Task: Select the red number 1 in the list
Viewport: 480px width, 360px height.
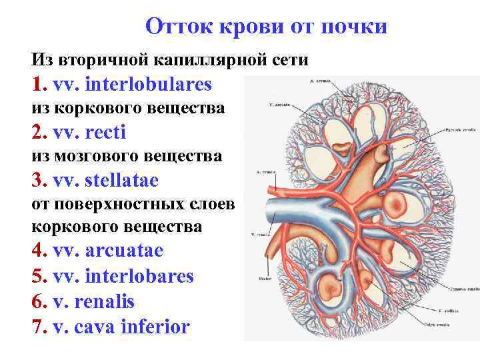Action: (x=37, y=85)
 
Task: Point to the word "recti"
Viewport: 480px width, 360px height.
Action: (x=106, y=133)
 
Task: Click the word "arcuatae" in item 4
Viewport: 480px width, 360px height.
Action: (x=125, y=251)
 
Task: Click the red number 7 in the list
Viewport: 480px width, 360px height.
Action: (x=37, y=327)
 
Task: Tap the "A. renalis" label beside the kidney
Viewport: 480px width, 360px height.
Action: (x=265, y=171)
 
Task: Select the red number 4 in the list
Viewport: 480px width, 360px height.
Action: (x=37, y=251)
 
